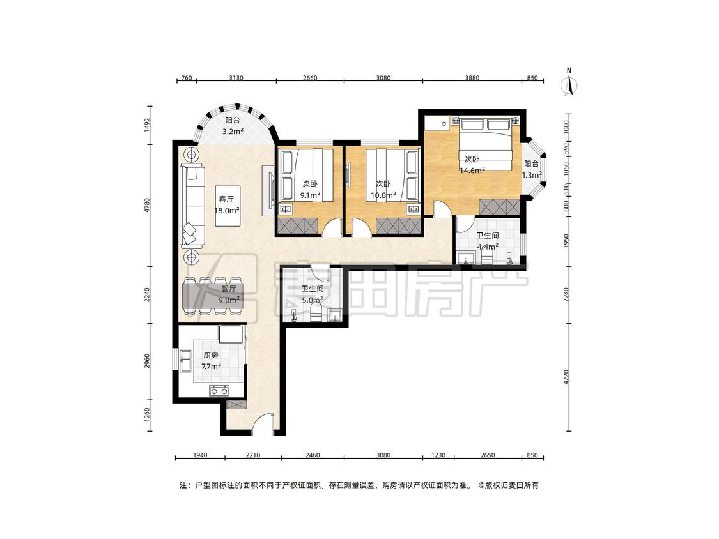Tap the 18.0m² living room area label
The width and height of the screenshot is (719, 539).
click(x=227, y=210)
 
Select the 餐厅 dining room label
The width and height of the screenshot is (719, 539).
click(x=229, y=289)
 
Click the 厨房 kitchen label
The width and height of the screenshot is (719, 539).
click(x=210, y=355)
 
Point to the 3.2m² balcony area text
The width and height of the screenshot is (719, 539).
click(x=233, y=132)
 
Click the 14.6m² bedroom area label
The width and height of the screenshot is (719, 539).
click(x=473, y=171)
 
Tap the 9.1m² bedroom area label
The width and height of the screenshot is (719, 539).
click(x=309, y=195)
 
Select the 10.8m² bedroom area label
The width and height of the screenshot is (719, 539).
click(x=383, y=195)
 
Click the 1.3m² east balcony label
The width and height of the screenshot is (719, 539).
click(x=532, y=174)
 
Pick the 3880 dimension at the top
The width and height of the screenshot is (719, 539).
click(x=472, y=78)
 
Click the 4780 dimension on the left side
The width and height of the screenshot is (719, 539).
click(x=147, y=205)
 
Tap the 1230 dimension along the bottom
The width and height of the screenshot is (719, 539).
click(x=438, y=455)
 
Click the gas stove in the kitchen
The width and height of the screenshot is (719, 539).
click(x=219, y=391)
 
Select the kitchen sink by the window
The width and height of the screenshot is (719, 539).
click(x=186, y=361)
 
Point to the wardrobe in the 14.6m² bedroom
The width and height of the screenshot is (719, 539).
click(x=500, y=207)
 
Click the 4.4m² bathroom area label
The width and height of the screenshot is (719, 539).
click(x=488, y=247)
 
